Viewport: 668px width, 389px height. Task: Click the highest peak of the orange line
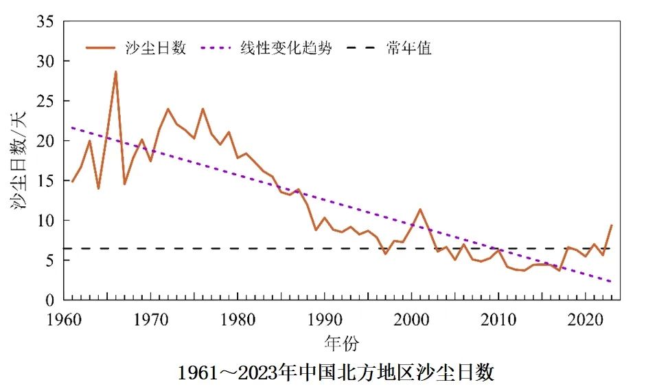[x=115, y=71]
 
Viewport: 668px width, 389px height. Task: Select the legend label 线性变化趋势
[x=286, y=48]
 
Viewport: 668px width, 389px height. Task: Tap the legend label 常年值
[x=408, y=48]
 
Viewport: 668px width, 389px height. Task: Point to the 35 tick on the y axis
[x=45, y=21]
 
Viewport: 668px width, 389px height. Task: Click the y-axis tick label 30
[x=45, y=61]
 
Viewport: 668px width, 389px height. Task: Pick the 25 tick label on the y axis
[x=45, y=101]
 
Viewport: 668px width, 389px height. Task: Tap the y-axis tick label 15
[x=45, y=181]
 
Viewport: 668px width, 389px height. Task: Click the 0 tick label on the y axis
[x=49, y=300]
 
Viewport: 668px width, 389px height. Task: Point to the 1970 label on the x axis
[x=151, y=320]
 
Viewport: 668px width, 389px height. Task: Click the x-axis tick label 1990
[x=325, y=320]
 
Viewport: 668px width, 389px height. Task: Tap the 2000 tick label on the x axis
[x=412, y=320]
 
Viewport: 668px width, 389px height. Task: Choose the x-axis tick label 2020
[x=586, y=320]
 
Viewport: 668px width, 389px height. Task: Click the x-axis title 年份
[x=341, y=342]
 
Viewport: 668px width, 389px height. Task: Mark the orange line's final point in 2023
[x=611, y=225]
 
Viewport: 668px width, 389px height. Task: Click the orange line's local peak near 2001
[x=420, y=209]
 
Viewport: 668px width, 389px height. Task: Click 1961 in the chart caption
[x=194, y=373]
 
